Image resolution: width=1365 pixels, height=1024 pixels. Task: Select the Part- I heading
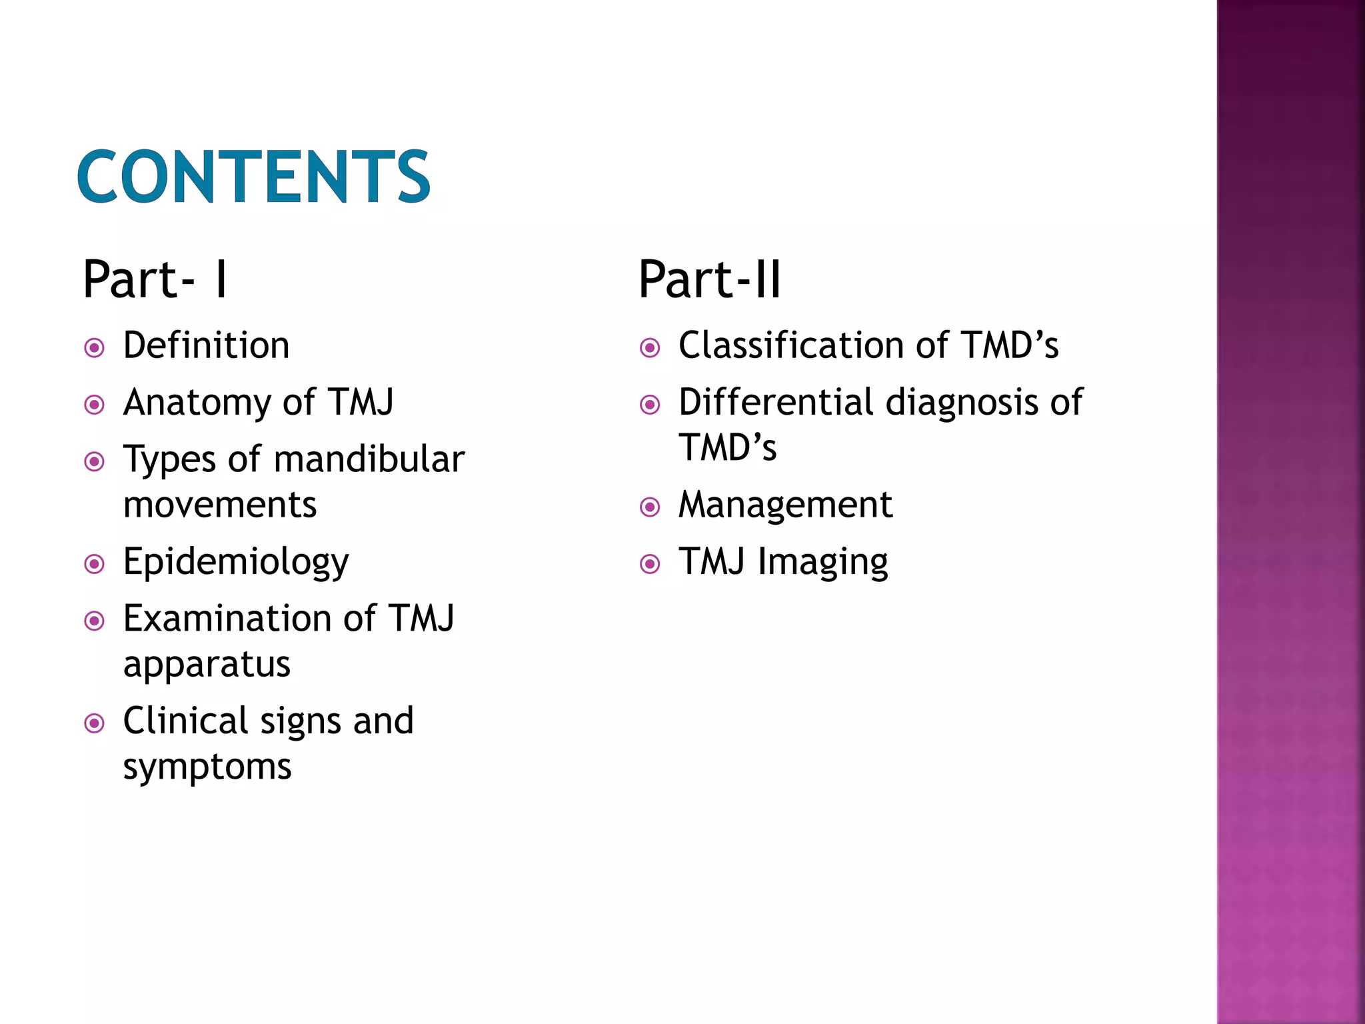[x=155, y=279]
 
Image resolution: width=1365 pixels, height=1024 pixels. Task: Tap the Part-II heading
[x=709, y=279]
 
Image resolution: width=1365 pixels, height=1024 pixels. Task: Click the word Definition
[x=206, y=345]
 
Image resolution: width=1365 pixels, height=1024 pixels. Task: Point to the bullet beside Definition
[x=95, y=348]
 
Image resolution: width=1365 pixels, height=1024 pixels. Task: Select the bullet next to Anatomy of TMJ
[x=95, y=405]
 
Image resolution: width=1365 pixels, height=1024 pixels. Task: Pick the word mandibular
[x=369, y=459]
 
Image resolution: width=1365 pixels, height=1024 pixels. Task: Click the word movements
[x=220, y=505]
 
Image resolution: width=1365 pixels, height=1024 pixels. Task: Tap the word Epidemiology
[x=236, y=563]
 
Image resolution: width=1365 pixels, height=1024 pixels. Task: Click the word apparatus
[x=207, y=665]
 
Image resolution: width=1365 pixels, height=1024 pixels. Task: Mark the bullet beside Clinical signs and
[x=95, y=723]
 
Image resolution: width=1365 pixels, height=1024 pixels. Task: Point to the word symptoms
[x=207, y=767]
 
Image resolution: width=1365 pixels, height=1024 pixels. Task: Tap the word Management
[x=785, y=505]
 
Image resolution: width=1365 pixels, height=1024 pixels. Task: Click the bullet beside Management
[x=650, y=507]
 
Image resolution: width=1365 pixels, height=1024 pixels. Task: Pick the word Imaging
[x=822, y=563]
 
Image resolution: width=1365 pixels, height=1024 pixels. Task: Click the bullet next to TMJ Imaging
[x=650, y=565]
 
